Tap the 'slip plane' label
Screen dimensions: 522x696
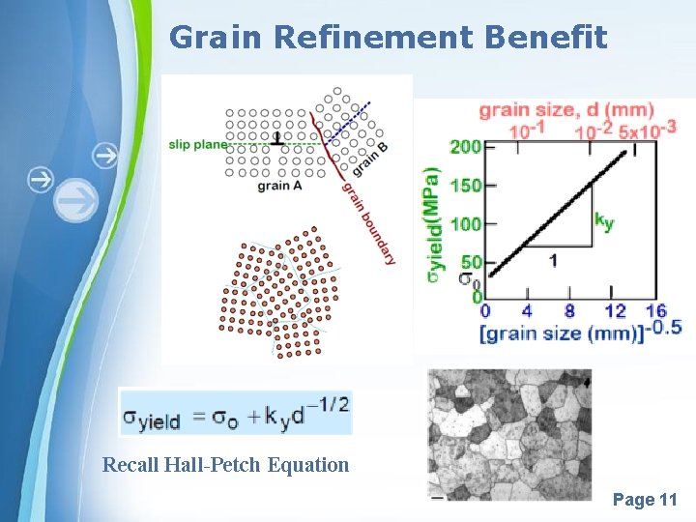198,145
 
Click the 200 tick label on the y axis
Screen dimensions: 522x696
465,147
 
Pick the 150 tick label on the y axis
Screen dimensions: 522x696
465,186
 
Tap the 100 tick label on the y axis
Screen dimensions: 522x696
465,224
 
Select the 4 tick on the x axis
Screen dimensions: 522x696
527,311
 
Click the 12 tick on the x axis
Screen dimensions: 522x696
615,311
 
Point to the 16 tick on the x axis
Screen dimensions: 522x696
655,311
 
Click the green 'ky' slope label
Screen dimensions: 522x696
605,222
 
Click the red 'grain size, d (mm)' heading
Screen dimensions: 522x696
566,109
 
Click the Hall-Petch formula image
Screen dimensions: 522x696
235,412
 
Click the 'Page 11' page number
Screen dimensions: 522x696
645,500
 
